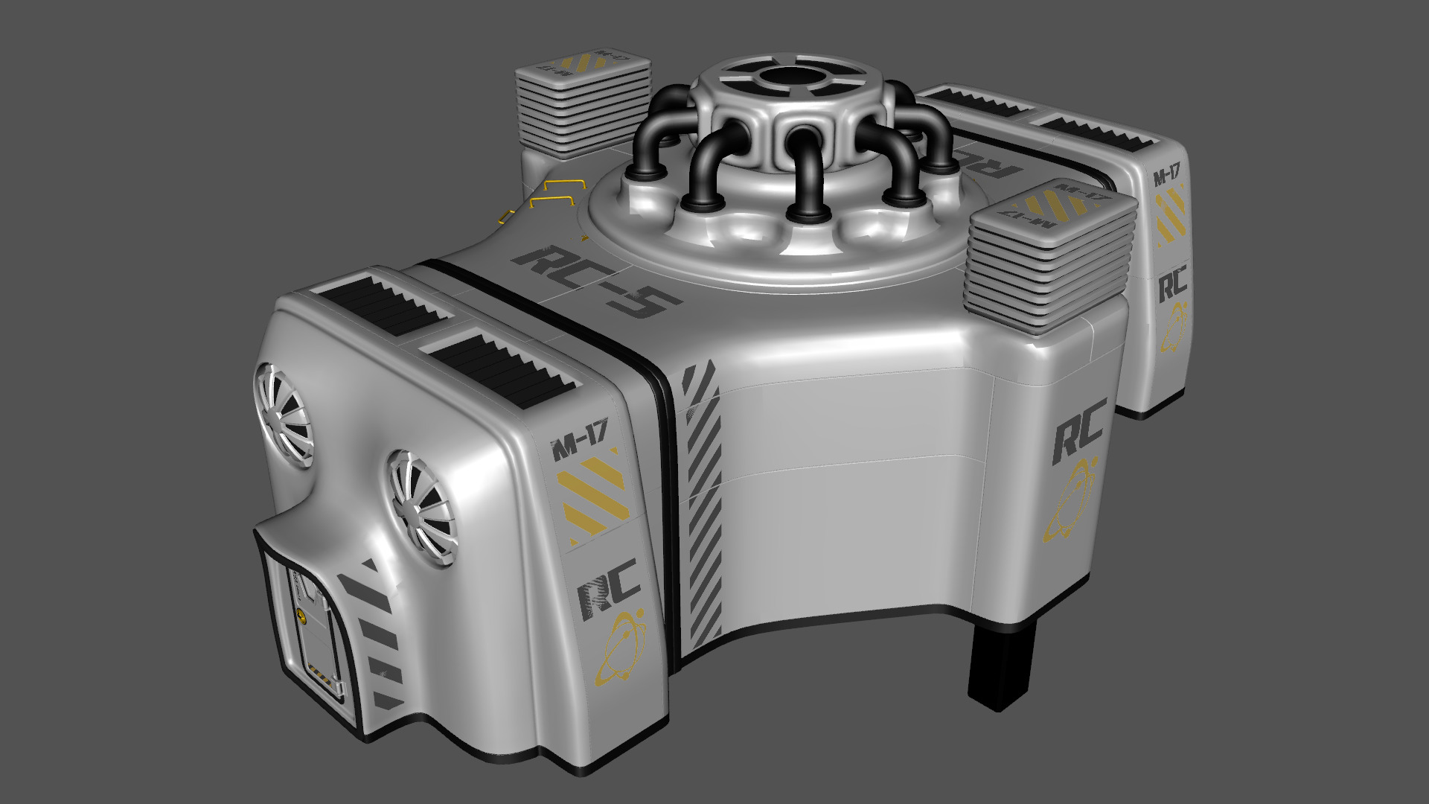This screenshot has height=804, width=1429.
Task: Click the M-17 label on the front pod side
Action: [x=580, y=449]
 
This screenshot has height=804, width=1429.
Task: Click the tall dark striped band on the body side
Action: [x=702, y=506]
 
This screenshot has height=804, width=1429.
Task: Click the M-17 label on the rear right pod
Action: [x=1166, y=177]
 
